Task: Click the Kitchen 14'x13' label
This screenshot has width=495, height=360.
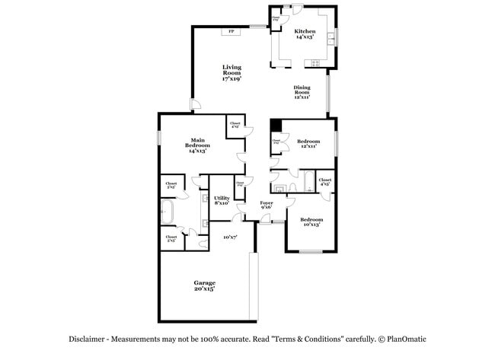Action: pos(305,33)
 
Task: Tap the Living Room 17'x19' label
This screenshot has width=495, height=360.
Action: pos(232,73)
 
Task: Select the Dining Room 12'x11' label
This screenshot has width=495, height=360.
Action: pos(302,92)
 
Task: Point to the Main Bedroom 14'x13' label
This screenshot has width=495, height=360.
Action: pos(198,145)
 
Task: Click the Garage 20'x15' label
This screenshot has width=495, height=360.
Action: pos(203,285)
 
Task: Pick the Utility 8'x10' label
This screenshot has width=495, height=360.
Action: pos(222,200)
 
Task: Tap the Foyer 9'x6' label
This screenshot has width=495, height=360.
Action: pos(267,205)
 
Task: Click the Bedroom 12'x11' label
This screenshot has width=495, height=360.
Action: pos(308,144)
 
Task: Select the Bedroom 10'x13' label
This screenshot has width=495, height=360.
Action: pos(312,221)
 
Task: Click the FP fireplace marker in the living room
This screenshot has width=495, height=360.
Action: pos(231,31)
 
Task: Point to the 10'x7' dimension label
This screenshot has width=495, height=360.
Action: pos(230,237)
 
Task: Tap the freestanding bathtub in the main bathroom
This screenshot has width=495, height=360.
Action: pos(168,212)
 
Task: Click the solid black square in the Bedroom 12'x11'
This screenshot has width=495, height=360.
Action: pos(276,126)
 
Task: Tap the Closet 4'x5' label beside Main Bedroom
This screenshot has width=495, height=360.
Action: pos(235,125)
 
